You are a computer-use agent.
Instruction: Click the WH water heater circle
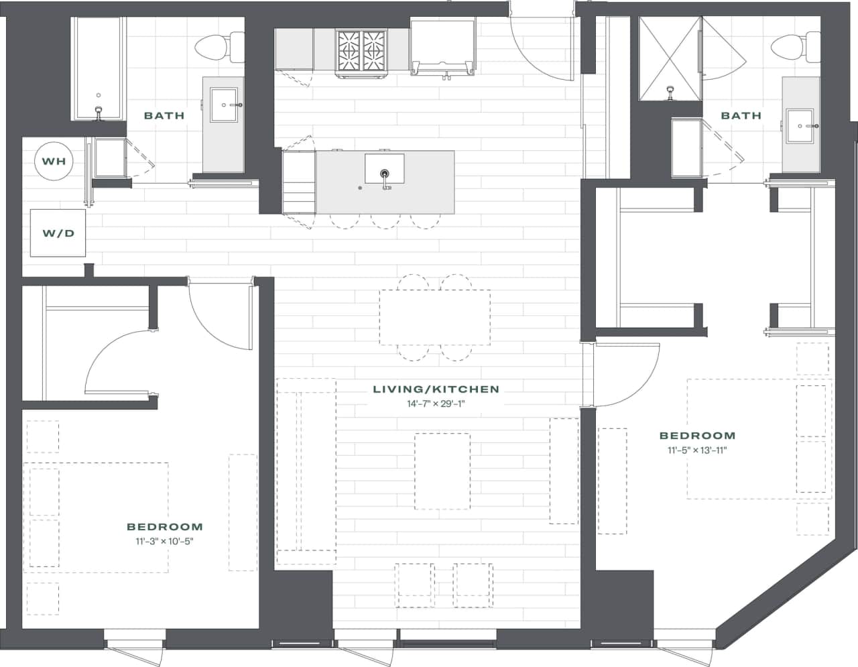pyautogui.click(x=54, y=162)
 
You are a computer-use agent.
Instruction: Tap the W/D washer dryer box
pyautogui.click(x=58, y=233)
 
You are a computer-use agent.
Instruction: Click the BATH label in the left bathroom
pyautogui.click(x=164, y=115)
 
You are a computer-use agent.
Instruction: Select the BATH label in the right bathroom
pyautogui.click(x=741, y=115)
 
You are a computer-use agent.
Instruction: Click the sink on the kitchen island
pyautogui.click(x=384, y=168)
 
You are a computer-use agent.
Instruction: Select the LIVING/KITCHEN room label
pyautogui.click(x=436, y=389)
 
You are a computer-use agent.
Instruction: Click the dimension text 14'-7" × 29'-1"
pyautogui.click(x=436, y=404)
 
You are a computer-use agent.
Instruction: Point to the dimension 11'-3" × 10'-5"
pyautogui.click(x=164, y=542)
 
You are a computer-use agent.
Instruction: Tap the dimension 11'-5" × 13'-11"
pyautogui.click(x=697, y=450)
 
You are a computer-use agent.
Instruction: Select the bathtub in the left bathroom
pyautogui.click(x=99, y=67)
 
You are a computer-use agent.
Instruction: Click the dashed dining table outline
pyautogui.click(x=434, y=317)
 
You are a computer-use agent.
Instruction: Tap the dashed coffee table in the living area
pyautogui.click(x=442, y=471)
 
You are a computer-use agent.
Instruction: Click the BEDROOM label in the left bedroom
pyautogui.click(x=164, y=527)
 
